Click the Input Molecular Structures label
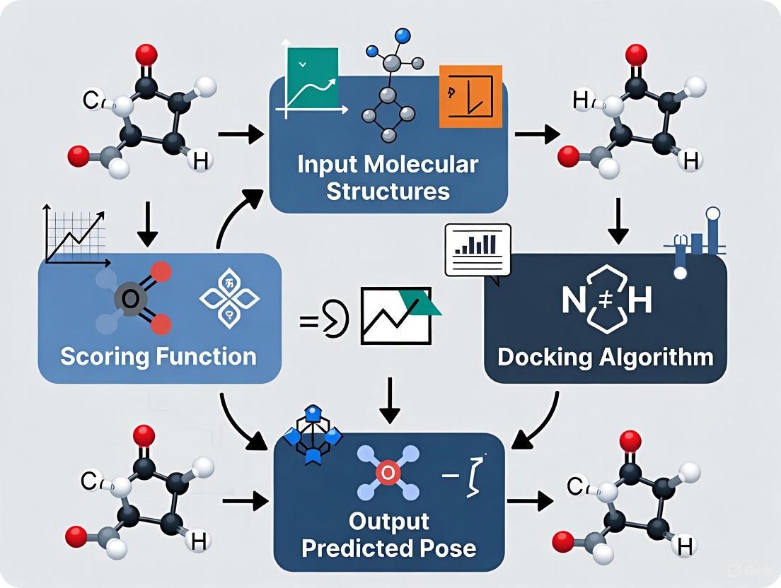point(388,178)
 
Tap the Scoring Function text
point(158,355)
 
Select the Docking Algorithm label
point(605,356)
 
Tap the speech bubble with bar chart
point(478,249)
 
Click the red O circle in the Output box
point(388,473)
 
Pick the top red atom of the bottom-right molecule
point(630,442)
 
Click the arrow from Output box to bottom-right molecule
point(530,502)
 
